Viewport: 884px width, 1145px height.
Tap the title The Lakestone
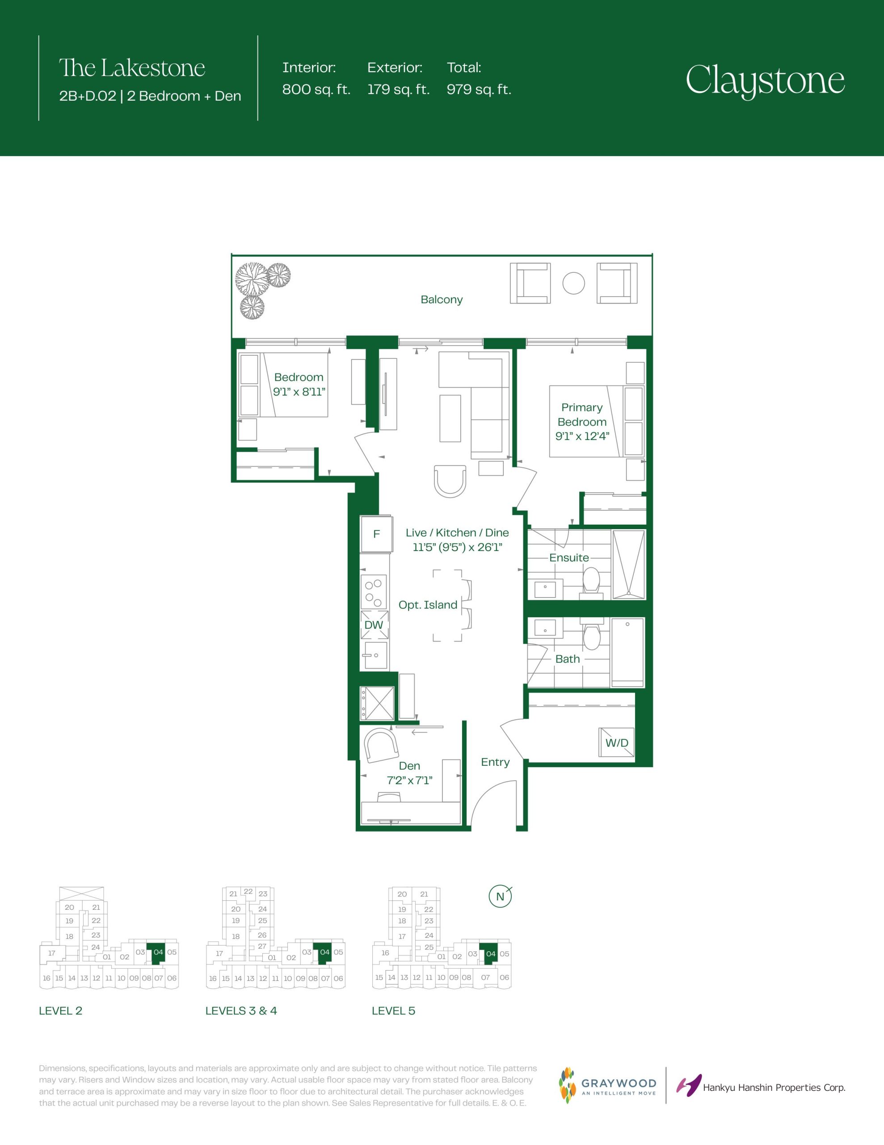point(132,68)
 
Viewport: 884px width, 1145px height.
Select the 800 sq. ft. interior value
point(316,89)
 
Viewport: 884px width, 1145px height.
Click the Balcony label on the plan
point(442,299)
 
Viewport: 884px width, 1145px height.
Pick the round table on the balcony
point(574,283)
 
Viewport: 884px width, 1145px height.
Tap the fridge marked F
point(376,534)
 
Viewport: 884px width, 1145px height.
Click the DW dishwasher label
point(374,625)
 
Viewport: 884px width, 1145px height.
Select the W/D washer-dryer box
point(617,742)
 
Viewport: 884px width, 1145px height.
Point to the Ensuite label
point(569,558)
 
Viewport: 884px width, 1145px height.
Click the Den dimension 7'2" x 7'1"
point(409,780)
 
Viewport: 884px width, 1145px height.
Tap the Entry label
point(495,762)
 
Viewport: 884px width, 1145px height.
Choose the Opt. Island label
point(428,605)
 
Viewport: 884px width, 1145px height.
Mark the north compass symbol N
point(500,896)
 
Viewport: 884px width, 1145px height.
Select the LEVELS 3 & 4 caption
point(241,1011)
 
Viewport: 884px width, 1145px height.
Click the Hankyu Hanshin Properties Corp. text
point(774,1088)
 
